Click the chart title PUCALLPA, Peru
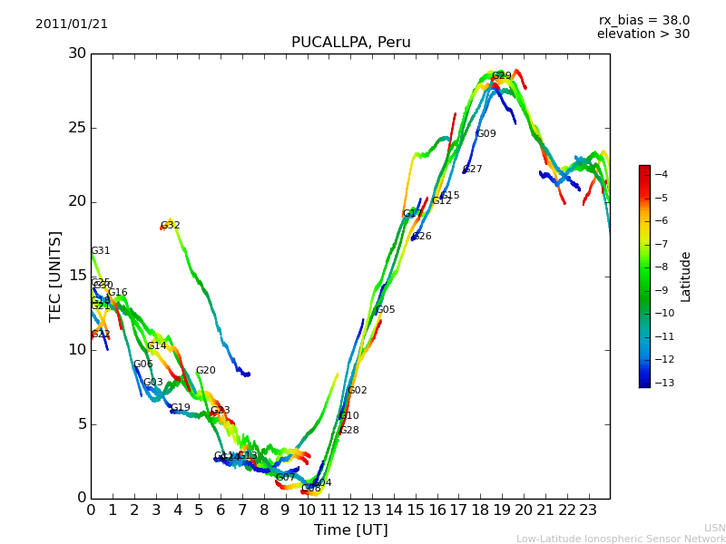(350, 43)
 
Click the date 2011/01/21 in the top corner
(72, 24)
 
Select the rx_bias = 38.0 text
(643, 20)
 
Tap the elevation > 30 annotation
(643, 34)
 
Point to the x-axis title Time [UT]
(350, 529)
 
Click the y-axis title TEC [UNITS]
(56, 276)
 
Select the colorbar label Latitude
(686, 277)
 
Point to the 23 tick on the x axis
(588, 510)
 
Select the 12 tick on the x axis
(350, 510)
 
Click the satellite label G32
(171, 226)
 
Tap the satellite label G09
(486, 134)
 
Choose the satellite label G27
(472, 170)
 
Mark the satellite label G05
(385, 310)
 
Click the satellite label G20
(205, 371)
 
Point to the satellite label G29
(501, 76)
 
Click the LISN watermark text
(714, 528)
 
